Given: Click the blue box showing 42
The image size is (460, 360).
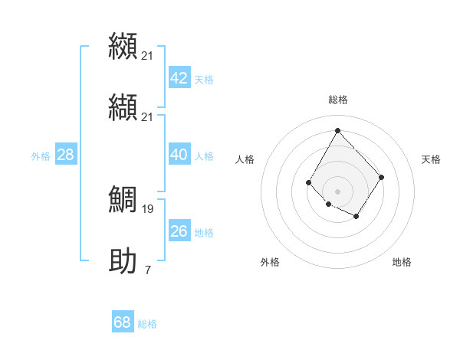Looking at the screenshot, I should pyautogui.click(x=179, y=78).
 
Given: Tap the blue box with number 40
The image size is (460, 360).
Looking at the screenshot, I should pyautogui.click(x=179, y=155).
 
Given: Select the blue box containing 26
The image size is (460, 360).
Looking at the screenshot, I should pyautogui.click(x=179, y=231).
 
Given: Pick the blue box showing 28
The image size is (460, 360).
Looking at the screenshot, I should pyautogui.click(x=65, y=155).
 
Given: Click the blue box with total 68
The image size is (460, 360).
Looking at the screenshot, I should pyautogui.click(x=122, y=322).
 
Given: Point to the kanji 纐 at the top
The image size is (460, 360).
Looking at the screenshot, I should pyautogui.click(x=123, y=45).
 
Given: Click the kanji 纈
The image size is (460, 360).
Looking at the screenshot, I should pyautogui.click(x=123, y=106).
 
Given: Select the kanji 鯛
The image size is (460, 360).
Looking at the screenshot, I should pyautogui.click(x=123, y=198).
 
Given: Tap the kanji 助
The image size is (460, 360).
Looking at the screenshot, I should pyautogui.click(x=123, y=260).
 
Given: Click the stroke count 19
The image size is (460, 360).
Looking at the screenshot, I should pyautogui.click(x=148, y=208).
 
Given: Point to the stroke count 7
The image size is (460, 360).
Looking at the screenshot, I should pyautogui.click(x=148, y=270).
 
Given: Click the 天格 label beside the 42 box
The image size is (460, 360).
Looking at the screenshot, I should pyautogui.click(x=204, y=80).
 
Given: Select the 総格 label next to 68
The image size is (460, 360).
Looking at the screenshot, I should pyautogui.click(x=147, y=324).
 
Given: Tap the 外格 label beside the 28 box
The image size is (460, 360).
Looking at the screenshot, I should pyautogui.click(x=41, y=156).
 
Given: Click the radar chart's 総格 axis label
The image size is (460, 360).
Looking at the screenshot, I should pyautogui.click(x=338, y=100).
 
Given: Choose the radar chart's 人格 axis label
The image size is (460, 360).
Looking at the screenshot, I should pyautogui.click(x=245, y=159).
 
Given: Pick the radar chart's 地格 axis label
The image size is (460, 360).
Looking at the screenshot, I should pyautogui.click(x=402, y=262).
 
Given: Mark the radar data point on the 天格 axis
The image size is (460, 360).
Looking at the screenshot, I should pyautogui.click(x=382, y=177).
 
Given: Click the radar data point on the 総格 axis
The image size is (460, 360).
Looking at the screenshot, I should pyautogui.click(x=337, y=129).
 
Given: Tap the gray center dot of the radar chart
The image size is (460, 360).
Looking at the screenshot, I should pyautogui.click(x=337, y=191).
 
